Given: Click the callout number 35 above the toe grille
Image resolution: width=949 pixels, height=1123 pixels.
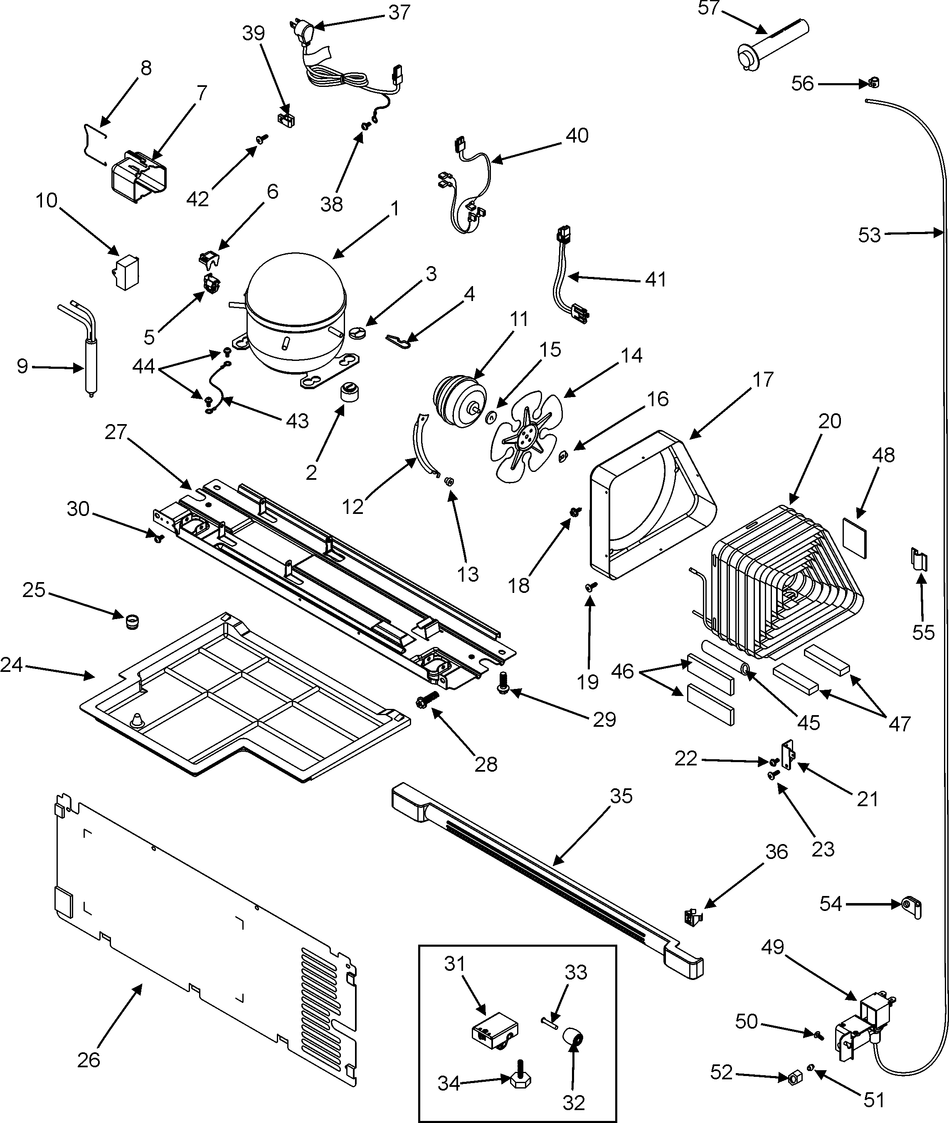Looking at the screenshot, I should click(621, 796).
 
